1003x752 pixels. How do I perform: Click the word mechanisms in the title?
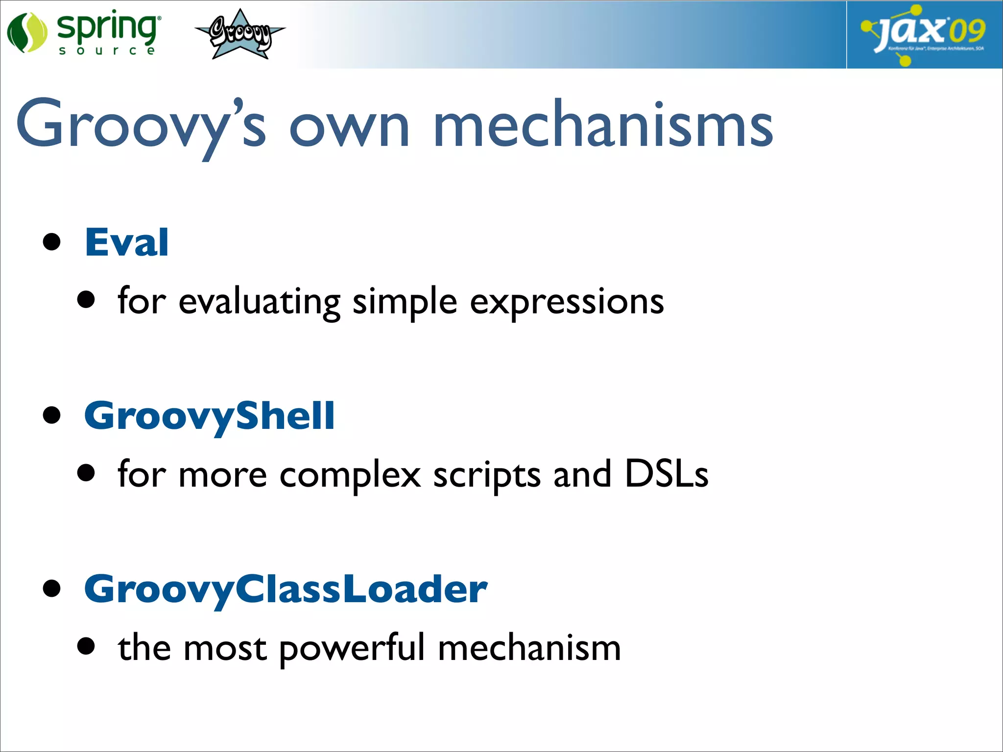[603, 125]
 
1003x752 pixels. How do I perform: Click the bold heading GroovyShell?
[209, 416]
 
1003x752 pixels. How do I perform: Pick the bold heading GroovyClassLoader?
[286, 589]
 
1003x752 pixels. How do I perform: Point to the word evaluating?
[259, 302]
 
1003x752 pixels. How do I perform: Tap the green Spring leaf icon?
[27, 32]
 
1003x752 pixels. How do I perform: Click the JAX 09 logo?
[924, 34]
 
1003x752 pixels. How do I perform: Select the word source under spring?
[106, 50]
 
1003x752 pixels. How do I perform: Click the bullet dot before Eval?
[51, 242]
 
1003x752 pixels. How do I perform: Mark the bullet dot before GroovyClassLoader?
[51, 588]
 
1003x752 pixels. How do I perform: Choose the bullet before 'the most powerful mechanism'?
[86, 646]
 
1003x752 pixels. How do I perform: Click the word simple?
[405, 302]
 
